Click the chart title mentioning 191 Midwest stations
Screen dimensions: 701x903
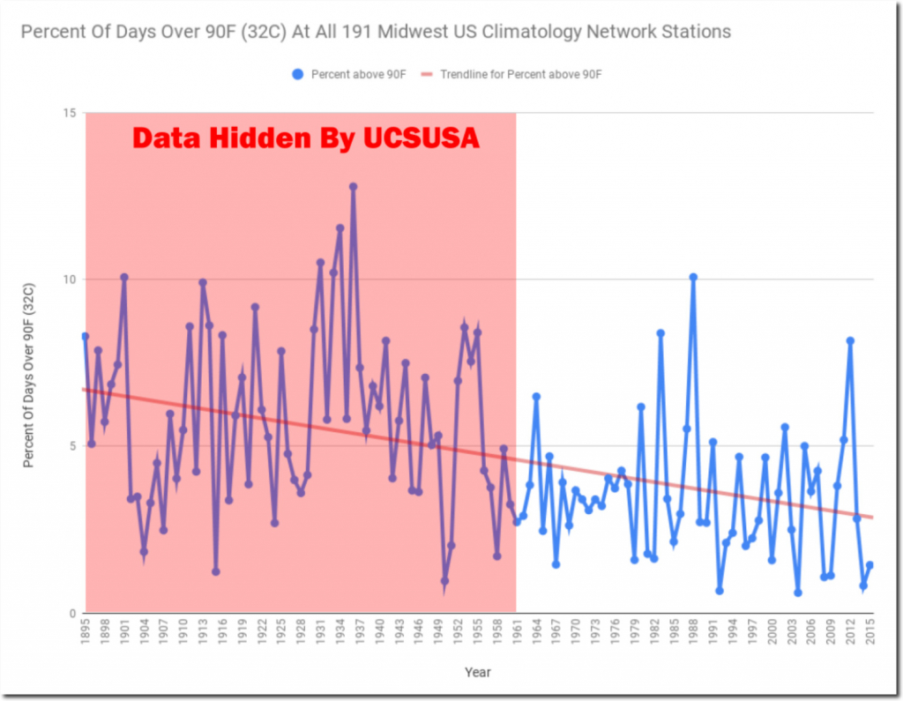[376, 33]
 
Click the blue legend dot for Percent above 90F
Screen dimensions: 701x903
[297, 75]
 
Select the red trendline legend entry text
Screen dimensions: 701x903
[520, 75]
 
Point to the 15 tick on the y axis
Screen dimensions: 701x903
[69, 113]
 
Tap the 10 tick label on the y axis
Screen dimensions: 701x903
[69, 280]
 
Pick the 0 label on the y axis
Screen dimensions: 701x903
[71, 613]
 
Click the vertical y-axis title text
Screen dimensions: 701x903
[28, 362]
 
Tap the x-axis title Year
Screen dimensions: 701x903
[477, 673]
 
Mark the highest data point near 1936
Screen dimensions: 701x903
[353, 186]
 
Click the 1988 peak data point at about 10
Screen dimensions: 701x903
[693, 277]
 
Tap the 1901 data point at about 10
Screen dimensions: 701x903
[124, 277]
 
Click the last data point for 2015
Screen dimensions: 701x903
[869, 564]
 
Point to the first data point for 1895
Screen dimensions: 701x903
[86, 336]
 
